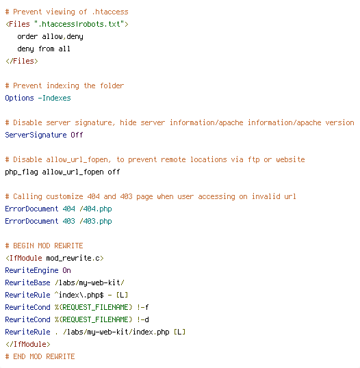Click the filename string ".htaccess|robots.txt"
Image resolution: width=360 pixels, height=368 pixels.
[x=79, y=24]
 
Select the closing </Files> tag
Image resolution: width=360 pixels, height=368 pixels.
[x=22, y=61]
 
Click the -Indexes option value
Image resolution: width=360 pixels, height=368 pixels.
[x=54, y=98]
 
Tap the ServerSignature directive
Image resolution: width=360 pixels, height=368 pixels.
[x=36, y=135]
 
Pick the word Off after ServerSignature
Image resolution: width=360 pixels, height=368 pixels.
[x=77, y=135]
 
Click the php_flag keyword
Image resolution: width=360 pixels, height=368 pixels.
[x=22, y=172]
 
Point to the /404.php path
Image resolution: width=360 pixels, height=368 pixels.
[x=96, y=209]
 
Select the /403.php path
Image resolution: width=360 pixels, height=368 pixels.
[x=96, y=221]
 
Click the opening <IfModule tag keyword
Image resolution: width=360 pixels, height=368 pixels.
[x=24, y=258]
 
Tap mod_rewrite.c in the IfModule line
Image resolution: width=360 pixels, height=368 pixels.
[x=73, y=258]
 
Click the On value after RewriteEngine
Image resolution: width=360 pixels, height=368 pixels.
[x=66, y=270]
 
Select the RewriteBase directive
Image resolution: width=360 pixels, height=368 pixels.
[x=27, y=282]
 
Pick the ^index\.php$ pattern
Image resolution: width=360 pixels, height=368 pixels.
[x=79, y=295]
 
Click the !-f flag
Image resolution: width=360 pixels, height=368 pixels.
[x=143, y=307]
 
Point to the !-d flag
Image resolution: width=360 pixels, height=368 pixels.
[x=143, y=319]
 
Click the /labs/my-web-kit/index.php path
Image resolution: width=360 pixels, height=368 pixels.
[x=116, y=332]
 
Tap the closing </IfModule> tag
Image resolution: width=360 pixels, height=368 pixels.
[x=27, y=344]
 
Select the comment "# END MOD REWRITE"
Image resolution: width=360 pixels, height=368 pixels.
[x=40, y=356]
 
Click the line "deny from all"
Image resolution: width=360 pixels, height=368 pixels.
[x=44, y=49]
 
